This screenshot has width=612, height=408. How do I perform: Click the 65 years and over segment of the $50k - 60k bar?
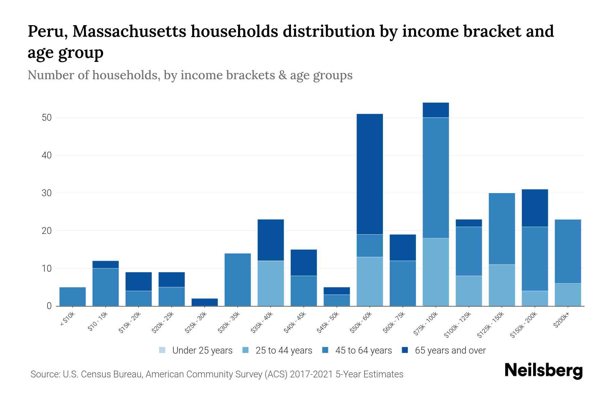(370, 174)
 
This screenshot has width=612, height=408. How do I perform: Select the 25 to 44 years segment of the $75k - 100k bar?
(436, 272)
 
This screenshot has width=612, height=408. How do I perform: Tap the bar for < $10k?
(72, 296)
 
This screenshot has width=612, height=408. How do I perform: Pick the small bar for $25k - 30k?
(205, 302)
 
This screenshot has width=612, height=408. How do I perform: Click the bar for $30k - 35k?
(238, 279)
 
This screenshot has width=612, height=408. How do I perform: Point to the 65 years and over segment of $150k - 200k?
(535, 208)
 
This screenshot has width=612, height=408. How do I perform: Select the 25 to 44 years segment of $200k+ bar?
(568, 295)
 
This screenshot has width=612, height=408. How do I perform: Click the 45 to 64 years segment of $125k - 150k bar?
(502, 228)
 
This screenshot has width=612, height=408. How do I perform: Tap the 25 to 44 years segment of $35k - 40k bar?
(271, 283)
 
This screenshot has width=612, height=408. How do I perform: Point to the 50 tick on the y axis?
(47, 118)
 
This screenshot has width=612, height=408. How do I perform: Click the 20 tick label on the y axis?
(47, 231)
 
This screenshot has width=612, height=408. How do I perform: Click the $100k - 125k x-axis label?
(458, 324)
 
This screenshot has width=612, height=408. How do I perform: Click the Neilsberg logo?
(543, 371)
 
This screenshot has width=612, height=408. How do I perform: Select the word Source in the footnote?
(45, 374)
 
